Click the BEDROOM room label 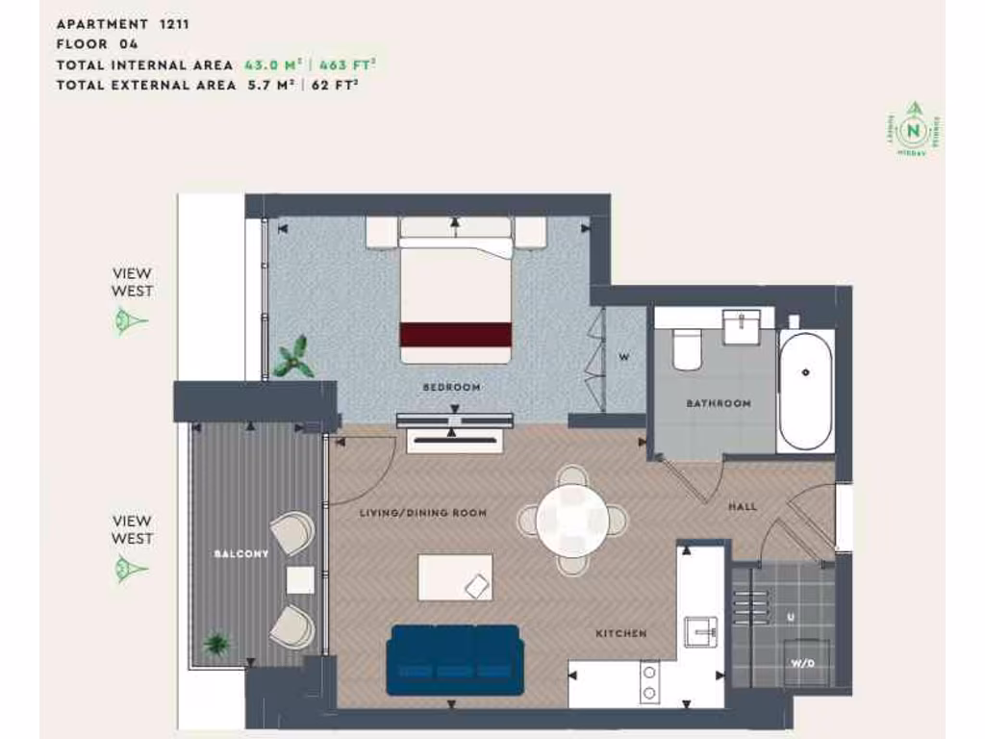[x=451, y=388]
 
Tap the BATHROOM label [x=718, y=403]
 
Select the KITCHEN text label [x=620, y=634]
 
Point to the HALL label [x=743, y=506]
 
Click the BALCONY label [x=241, y=554]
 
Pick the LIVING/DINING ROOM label [x=423, y=513]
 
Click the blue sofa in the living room [x=455, y=659]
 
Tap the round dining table [x=572, y=520]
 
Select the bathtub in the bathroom [x=806, y=391]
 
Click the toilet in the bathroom [x=688, y=348]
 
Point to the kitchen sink [x=700, y=631]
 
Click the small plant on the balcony [x=215, y=643]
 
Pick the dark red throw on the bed [x=455, y=334]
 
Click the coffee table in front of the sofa [x=455, y=577]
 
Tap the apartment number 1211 [x=173, y=24]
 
